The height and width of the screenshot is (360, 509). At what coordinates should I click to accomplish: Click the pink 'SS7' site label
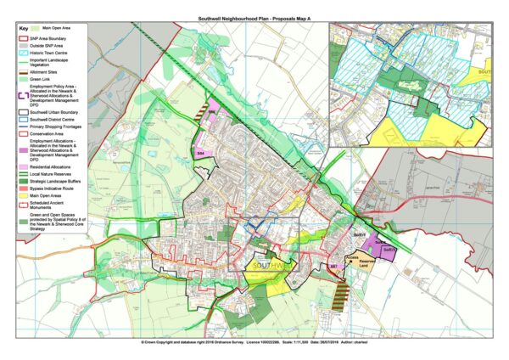333,267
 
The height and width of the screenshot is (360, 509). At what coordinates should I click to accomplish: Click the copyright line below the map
254,344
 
